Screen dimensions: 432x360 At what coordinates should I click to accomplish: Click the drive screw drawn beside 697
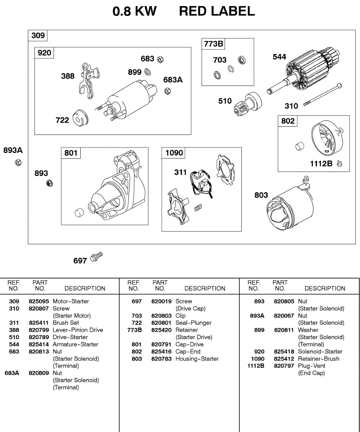coord(96,256)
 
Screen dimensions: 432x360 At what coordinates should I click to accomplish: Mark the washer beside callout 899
coord(147,72)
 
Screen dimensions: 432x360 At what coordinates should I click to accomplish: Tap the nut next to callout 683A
coord(167,91)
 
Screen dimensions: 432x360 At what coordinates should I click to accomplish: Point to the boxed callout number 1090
coord(174,153)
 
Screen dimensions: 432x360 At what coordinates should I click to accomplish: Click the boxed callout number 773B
coord(213,44)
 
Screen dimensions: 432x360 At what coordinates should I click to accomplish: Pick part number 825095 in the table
coord(39,301)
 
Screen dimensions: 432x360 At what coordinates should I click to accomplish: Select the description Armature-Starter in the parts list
coord(75,345)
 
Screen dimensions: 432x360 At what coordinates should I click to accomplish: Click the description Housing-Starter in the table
coord(197,359)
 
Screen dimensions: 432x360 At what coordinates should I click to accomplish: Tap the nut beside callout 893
coord(50,184)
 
